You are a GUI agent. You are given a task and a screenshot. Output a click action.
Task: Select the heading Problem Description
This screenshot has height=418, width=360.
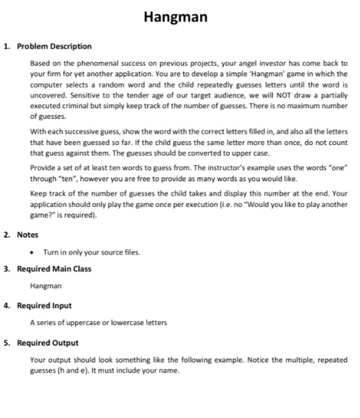54,46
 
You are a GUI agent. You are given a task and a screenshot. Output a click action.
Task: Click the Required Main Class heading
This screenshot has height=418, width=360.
54,269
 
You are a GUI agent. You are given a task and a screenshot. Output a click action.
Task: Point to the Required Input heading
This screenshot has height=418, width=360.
44,306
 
